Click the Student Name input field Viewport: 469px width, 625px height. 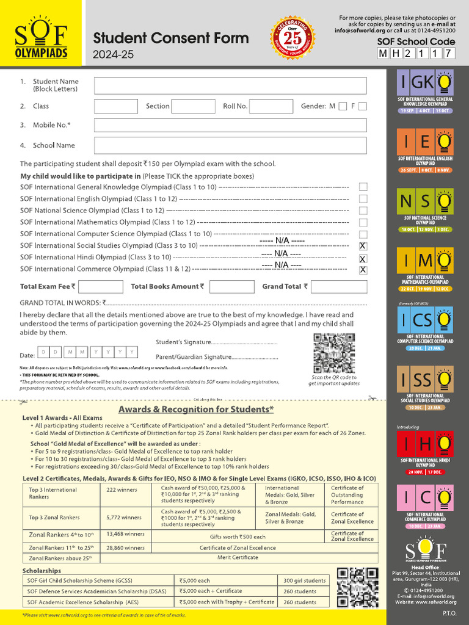(x=230, y=85)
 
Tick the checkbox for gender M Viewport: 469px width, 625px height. (x=343, y=106)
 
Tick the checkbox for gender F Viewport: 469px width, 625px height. (x=363, y=106)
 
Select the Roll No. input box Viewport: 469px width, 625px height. (x=271, y=106)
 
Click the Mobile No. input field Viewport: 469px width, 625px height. (x=230, y=125)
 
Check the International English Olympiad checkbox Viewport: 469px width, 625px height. (x=363, y=199)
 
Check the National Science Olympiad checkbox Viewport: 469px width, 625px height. (x=363, y=211)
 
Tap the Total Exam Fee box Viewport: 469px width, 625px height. (x=101, y=286)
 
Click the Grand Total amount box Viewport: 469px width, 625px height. (x=339, y=286)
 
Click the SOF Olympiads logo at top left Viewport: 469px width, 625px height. (x=41, y=42)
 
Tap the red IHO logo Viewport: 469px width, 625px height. (x=426, y=444)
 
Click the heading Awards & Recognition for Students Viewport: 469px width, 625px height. (x=196, y=409)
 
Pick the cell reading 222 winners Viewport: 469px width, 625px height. (x=125, y=490)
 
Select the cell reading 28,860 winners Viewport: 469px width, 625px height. (x=125, y=547)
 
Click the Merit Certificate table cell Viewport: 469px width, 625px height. (x=238, y=557)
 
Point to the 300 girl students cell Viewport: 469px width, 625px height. (x=304, y=580)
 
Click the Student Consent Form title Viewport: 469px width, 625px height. (x=170, y=38)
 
